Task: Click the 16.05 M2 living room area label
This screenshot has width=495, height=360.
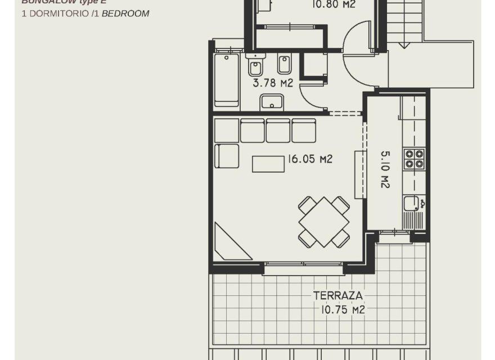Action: click(310, 159)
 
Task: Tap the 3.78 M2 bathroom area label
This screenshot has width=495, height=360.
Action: click(273, 83)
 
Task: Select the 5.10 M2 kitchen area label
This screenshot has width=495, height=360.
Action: click(385, 169)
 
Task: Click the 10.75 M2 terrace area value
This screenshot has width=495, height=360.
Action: click(343, 309)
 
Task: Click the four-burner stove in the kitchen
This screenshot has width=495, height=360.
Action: click(414, 158)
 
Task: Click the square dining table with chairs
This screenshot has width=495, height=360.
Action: click(323, 221)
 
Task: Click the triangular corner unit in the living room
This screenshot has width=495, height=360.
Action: click(228, 243)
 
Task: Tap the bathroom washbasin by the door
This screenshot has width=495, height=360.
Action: click(272, 103)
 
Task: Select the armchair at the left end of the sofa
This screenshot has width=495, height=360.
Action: click(227, 156)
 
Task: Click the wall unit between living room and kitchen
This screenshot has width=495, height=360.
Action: click(358, 174)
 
